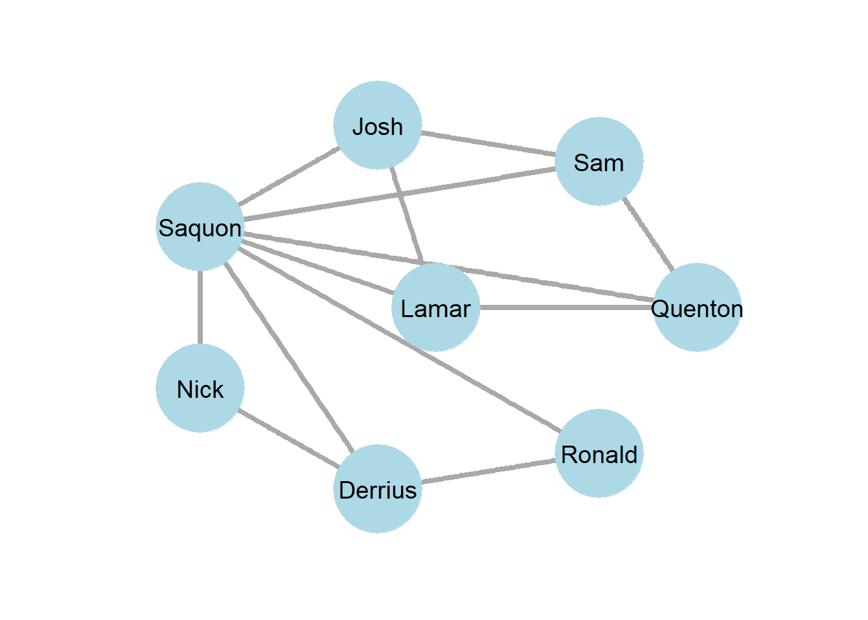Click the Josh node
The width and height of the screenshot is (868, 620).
(378, 125)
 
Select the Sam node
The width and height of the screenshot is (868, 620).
(599, 161)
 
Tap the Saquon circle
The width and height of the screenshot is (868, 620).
(200, 227)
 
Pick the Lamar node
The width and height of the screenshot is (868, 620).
(436, 307)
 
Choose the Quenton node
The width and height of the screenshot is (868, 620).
(697, 307)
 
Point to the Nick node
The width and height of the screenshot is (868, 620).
(200, 388)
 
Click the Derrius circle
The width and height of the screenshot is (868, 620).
(378, 489)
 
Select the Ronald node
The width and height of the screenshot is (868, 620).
(599, 453)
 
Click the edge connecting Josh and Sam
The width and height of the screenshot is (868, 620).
(488, 143)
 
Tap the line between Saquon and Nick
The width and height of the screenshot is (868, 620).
(200, 307)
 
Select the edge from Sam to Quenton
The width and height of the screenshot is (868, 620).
(648, 234)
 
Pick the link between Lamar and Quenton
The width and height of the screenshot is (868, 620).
(566, 307)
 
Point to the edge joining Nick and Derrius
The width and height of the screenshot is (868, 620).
(289, 439)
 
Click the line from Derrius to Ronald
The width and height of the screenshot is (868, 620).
(488, 471)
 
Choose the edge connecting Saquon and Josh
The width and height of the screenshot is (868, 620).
(289, 176)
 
